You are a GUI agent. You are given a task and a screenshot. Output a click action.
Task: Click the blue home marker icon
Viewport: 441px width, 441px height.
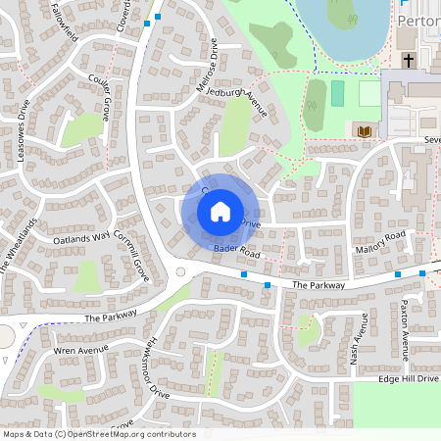(x=220, y=211)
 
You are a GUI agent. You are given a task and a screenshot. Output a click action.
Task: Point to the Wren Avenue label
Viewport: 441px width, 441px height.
(x=77, y=350)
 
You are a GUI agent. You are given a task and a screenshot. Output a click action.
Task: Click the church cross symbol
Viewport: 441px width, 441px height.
(x=408, y=59)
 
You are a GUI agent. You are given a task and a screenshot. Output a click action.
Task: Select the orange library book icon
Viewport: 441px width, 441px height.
(x=364, y=131)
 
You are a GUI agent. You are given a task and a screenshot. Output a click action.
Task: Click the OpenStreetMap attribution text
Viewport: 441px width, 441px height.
(x=98, y=434)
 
